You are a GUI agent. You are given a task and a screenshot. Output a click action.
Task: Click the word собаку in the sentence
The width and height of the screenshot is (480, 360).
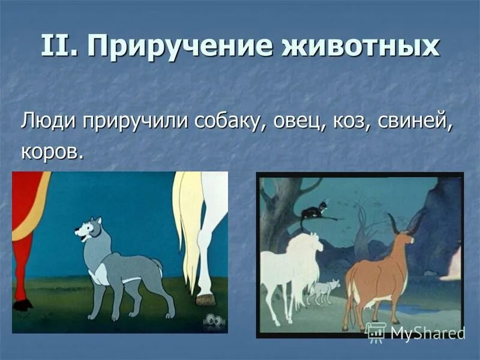(x=230, y=122)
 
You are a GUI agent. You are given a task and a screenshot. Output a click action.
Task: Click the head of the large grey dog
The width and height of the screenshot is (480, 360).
(x=88, y=229)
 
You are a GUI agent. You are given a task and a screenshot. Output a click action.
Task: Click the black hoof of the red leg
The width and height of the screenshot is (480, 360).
(x=23, y=305)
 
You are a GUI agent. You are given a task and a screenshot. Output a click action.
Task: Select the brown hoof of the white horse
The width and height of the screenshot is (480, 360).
(x=205, y=298)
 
